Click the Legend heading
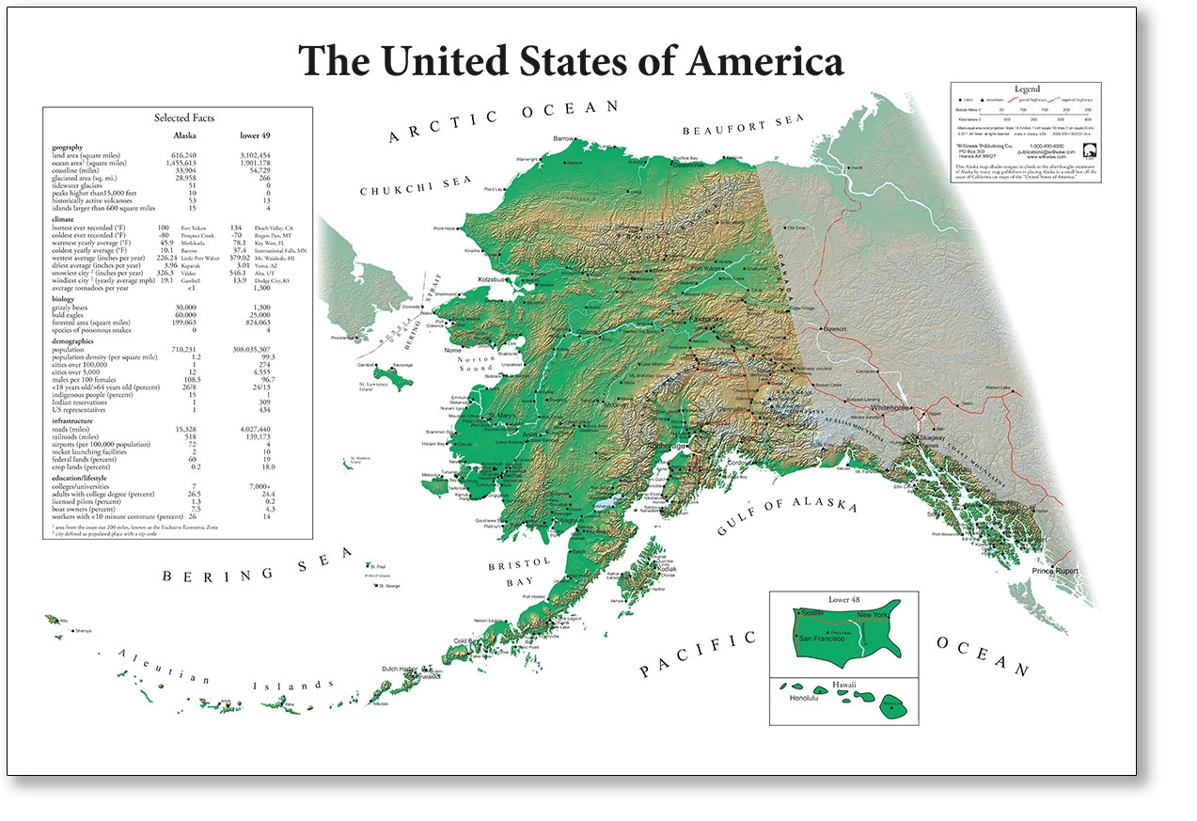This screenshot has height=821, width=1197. (1026, 88)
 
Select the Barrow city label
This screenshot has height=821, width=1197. (563, 139)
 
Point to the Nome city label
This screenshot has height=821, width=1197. (452, 351)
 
